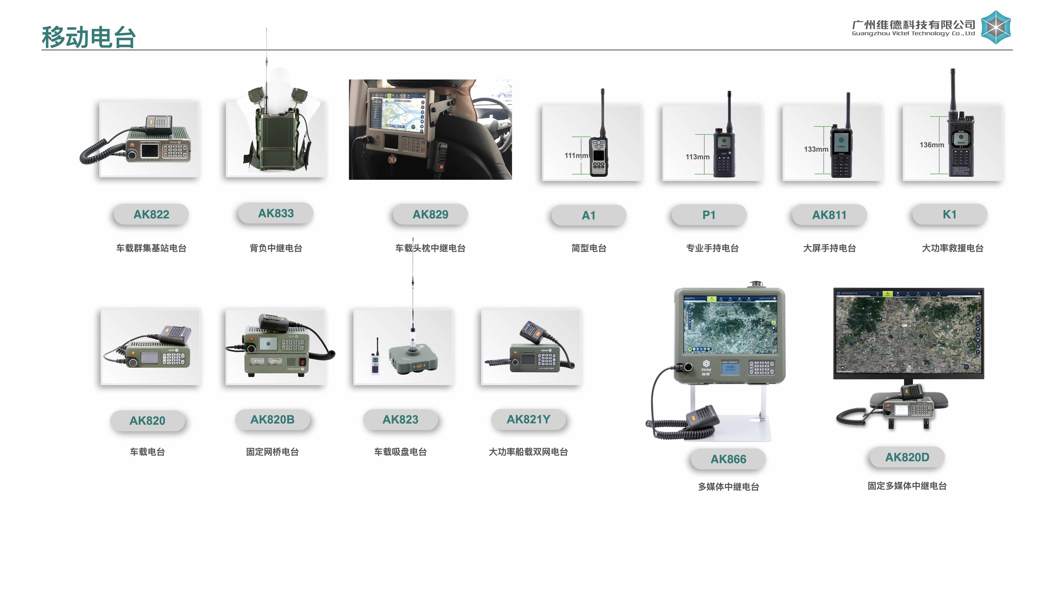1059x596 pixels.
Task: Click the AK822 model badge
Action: pyautogui.click(x=151, y=214)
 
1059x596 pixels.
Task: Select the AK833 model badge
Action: pyautogui.click(x=276, y=213)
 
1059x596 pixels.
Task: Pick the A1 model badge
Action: pyautogui.click(x=588, y=215)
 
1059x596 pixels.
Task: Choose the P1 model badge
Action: pyautogui.click(x=709, y=215)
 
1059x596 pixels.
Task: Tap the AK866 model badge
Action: pyautogui.click(x=728, y=459)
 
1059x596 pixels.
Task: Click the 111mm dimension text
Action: pyautogui.click(x=576, y=155)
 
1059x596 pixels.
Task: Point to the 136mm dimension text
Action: pyautogui.click(x=932, y=145)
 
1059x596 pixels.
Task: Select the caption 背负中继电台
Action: pyautogui.click(x=276, y=248)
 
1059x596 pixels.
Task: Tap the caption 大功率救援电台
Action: pyautogui.click(x=953, y=248)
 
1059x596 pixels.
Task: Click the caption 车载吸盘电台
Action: pyautogui.click(x=400, y=452)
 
